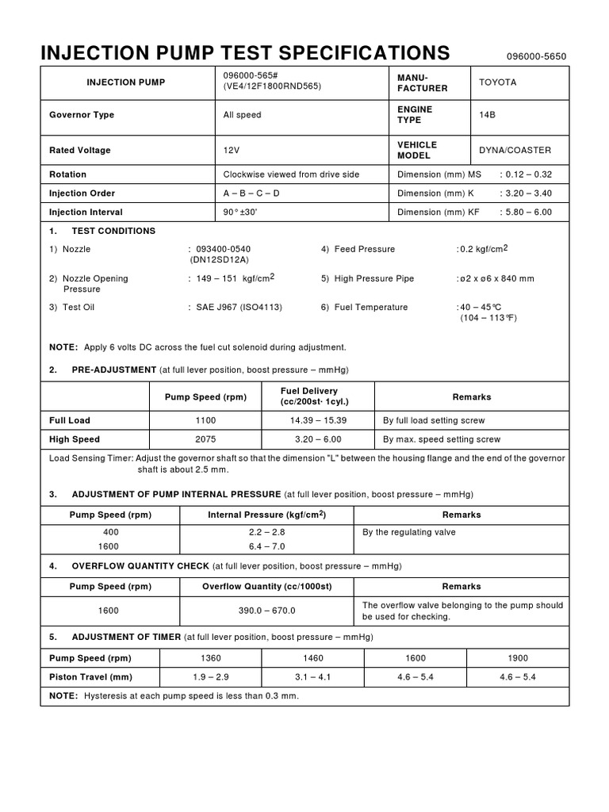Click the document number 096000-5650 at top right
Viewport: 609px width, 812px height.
537,57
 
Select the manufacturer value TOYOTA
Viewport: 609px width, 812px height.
497,82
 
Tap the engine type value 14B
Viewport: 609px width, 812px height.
487,115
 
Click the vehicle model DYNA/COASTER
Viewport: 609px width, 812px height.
515,150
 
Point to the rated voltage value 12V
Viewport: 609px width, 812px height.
232,150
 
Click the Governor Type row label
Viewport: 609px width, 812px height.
82,115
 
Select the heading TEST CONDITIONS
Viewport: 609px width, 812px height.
113,232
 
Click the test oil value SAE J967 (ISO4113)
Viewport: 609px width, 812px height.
239,308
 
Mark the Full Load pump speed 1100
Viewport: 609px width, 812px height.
205,420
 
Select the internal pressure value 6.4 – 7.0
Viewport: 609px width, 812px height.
266,546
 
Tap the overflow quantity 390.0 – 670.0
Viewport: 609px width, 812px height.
266,611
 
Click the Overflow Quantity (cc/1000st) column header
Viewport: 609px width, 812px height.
266,587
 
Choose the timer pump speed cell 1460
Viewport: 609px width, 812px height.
313,658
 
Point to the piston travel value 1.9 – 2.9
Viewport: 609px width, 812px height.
211,677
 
